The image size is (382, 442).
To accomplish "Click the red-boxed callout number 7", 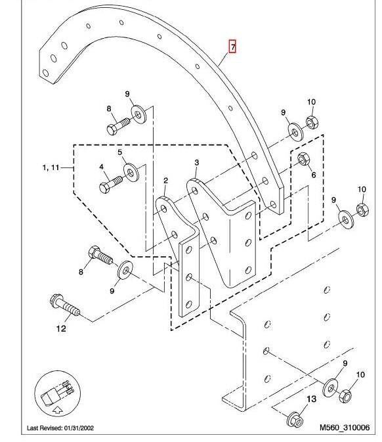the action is (233, 47).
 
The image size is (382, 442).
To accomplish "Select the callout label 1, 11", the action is (51, 167).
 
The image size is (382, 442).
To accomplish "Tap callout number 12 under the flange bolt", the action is (61, 328).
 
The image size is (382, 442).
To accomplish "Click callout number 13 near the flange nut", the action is (311, 399).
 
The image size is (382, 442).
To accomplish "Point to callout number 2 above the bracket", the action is (165, 181).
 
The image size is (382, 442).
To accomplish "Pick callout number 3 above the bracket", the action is (197, 162).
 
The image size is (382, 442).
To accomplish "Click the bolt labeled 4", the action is (111, 184).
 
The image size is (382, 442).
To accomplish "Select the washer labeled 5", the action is (131, 172).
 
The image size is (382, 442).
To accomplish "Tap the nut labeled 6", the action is (303, 159).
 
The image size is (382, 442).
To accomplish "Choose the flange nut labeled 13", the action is (295, 420).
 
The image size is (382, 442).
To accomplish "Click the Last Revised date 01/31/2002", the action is (79, 428).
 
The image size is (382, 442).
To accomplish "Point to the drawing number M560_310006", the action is (345, 428).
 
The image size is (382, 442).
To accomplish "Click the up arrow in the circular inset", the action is (58, 410).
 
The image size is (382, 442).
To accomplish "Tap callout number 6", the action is (314, 175).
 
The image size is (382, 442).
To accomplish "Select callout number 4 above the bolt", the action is (102, 167).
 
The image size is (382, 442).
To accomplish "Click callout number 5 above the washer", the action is (119, 152).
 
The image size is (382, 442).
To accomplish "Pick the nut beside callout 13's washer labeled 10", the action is (345, 396).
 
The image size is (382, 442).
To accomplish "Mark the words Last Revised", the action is (45, 428).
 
